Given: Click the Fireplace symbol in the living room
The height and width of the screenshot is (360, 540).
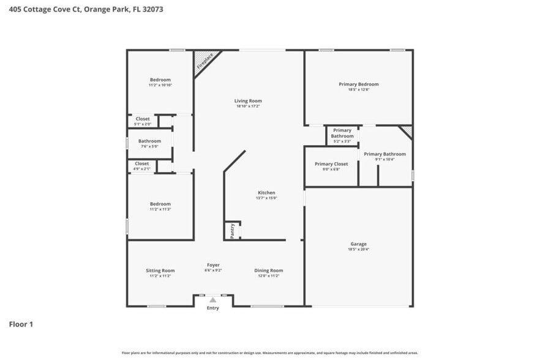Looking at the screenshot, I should [x=205, y=62].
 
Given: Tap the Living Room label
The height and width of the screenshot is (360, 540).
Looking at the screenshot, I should [x=248, y=101].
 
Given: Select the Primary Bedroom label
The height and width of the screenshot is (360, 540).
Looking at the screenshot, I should [x=359, y=84].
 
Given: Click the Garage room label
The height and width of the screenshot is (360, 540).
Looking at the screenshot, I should [x=358, y=243].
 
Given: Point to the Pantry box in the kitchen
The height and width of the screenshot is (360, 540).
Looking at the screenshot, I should [x=232, y=230].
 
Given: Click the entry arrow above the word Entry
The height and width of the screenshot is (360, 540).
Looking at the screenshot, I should [x=212, y=300].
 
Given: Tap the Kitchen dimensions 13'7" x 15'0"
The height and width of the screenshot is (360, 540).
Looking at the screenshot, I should [x=266, y=198].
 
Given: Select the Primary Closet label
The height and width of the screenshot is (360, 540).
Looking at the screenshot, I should [x=331, y=164].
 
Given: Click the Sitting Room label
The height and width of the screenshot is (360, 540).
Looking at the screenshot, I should [x=160, y=271].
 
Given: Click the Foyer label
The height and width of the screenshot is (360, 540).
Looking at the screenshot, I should [x=213, y=265].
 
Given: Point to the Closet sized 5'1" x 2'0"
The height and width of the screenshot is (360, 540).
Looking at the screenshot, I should [x=143, y=121].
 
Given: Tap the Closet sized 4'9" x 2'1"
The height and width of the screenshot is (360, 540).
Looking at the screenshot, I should [x=142, y=166].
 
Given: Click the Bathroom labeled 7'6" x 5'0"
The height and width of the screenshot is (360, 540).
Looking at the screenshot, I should [x=149, y=143].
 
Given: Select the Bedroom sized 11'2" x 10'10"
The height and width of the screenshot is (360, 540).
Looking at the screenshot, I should [x=160, y=82].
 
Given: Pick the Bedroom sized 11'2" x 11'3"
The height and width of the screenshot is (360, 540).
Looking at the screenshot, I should [x=160, y=206].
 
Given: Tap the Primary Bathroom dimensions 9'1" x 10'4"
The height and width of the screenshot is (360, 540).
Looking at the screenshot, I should [x=384, y=159].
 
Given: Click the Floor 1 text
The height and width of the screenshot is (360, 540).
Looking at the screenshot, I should [x=21, y=324].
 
